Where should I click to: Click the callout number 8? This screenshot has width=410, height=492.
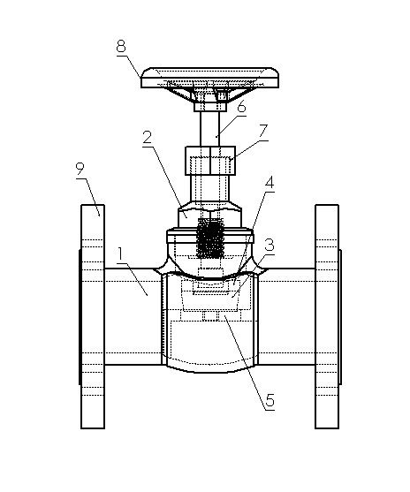[x=121, y=47]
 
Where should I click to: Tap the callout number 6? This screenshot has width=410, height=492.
[x=241, y=107]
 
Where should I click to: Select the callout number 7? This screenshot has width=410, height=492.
[x=263, y=132]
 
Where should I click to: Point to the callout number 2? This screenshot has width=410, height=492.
[x=148, y=138]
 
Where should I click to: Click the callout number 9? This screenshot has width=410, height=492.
[x=80, y=170]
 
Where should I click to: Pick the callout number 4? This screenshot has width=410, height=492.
[x=270, y=182]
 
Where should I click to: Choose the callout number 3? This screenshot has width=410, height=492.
[x=270, y=245]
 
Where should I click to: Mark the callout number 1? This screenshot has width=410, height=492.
[x=120, y=254]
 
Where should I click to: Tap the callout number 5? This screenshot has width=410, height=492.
[x=270, y=400]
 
